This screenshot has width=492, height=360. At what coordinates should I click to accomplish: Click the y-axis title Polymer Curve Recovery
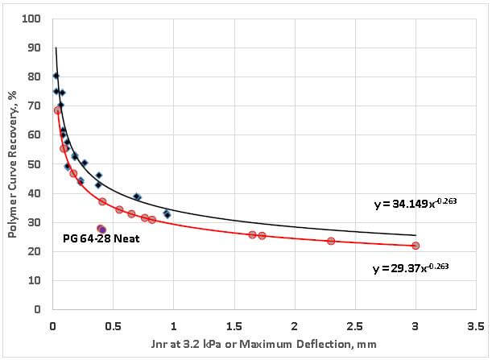coord(13,161)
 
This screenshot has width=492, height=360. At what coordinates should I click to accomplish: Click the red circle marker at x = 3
coord(416,246)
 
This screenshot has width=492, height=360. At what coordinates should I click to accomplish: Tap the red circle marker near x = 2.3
coord(331,241)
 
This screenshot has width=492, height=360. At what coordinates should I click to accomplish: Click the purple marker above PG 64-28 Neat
coord(102,230)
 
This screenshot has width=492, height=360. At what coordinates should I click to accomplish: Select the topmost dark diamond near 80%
coord(56,76)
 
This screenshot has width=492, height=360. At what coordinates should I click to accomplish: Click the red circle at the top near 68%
coord(57,110)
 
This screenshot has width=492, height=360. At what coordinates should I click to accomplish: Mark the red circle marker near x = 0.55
coord(119,209)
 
